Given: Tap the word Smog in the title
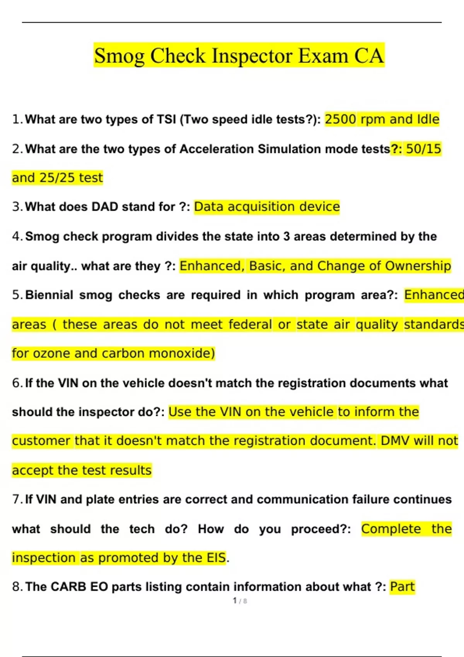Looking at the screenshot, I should pyautogui.click(x=119, y=56).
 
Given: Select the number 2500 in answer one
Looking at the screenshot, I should pyautogui.click(x=340, y=119).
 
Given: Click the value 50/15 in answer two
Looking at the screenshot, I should pyautogui.click(x=423, y=149).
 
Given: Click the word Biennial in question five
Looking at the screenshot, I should pyautogui.click(x=49, y=295).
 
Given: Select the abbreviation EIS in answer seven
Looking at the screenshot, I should pyautogui.click(x=216, y=558).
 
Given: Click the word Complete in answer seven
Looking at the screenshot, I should pyautogui.click(x=391, y=529).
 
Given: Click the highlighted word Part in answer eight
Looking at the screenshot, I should pyautogui.click(x=402, y=587).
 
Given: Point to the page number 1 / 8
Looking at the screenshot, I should pyautogui.click(x=240, y=601).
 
